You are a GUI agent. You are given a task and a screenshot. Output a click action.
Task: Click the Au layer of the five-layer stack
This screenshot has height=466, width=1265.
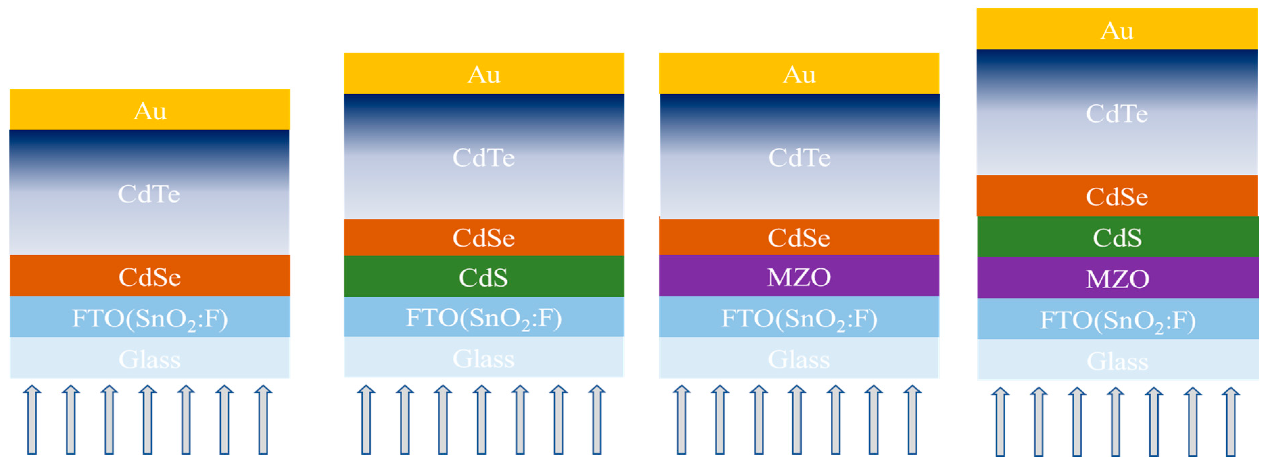[150, 110]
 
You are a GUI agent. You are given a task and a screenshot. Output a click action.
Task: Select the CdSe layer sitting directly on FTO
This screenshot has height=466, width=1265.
[150, 276]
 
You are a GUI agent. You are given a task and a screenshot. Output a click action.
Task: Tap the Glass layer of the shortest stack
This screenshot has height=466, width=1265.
[150, 359]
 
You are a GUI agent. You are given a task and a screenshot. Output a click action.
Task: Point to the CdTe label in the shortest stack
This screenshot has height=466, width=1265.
[149, 194]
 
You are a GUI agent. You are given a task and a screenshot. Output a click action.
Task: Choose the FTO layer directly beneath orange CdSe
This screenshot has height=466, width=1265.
[150, 317]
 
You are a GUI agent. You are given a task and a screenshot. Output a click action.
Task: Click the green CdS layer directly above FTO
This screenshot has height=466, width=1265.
[484, 277]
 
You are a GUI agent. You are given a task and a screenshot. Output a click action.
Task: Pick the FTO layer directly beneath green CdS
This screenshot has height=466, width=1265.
[484, 317]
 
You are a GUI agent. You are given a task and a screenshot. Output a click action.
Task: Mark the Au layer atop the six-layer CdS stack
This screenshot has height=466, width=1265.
[484, 74]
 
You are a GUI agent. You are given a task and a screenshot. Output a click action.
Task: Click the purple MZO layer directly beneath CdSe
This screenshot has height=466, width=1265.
[799, 276]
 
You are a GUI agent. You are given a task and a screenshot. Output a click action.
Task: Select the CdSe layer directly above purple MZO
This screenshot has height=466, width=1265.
[799, 237]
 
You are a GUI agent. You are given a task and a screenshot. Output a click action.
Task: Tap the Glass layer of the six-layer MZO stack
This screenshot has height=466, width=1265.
[799, 359]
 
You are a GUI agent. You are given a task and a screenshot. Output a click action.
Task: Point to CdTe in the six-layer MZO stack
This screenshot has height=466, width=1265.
[799, 157]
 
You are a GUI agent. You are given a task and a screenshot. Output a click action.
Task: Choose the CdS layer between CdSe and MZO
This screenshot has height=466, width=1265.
[1117, 237]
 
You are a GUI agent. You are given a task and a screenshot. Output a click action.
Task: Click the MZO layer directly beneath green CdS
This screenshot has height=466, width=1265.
[1117, 278]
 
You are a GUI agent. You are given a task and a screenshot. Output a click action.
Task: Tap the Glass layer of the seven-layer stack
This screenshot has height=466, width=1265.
[1117, 361]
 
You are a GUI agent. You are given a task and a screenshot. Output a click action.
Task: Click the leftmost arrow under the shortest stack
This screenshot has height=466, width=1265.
[32, 420]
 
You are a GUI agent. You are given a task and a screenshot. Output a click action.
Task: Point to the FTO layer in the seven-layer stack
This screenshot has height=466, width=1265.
[1117, 319]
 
